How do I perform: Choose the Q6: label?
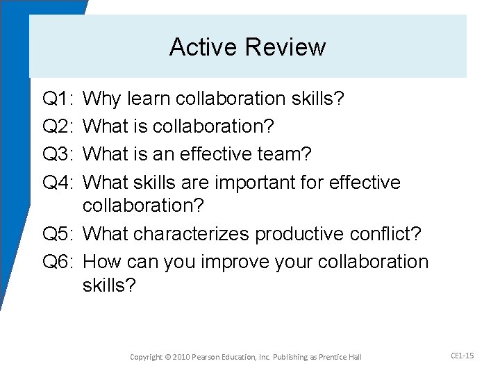58,262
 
